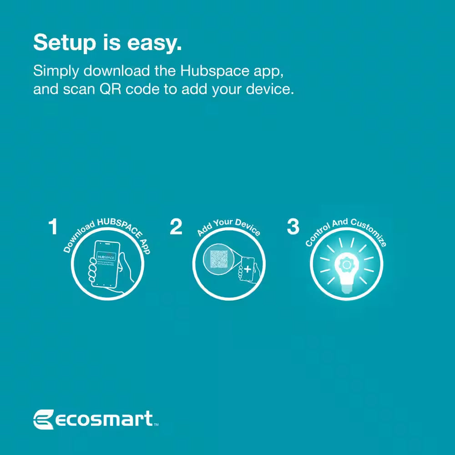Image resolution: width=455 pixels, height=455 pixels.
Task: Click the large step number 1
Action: pos(54,227)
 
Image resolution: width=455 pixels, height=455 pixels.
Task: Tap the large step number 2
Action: pos(176,227)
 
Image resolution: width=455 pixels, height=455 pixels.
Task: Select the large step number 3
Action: pos(293,227)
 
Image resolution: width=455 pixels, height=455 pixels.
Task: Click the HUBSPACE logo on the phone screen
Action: pos(106,257)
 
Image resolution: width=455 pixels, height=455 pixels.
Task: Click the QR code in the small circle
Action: pos(218,259)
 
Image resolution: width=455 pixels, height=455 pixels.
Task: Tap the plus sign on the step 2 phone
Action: pos(247,269)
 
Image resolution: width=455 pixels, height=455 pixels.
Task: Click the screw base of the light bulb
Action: pos(346,288)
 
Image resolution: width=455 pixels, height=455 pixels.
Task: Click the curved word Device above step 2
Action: pos(248,227)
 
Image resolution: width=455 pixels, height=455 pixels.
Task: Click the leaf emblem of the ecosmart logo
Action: pos(43,419)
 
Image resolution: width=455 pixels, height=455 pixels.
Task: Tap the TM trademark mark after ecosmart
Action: pos(156,425)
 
